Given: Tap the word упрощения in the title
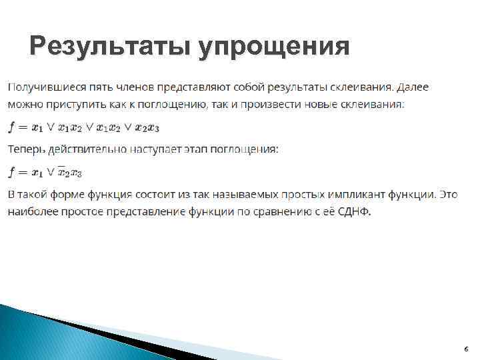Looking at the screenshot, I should tap(273, 48).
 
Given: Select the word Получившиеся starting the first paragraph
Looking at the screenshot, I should tap(41, 87).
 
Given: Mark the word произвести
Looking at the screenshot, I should tap(259, 105).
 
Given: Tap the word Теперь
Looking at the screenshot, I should tap(26, 149).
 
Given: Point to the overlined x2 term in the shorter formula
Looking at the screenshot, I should tap(63, 172).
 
